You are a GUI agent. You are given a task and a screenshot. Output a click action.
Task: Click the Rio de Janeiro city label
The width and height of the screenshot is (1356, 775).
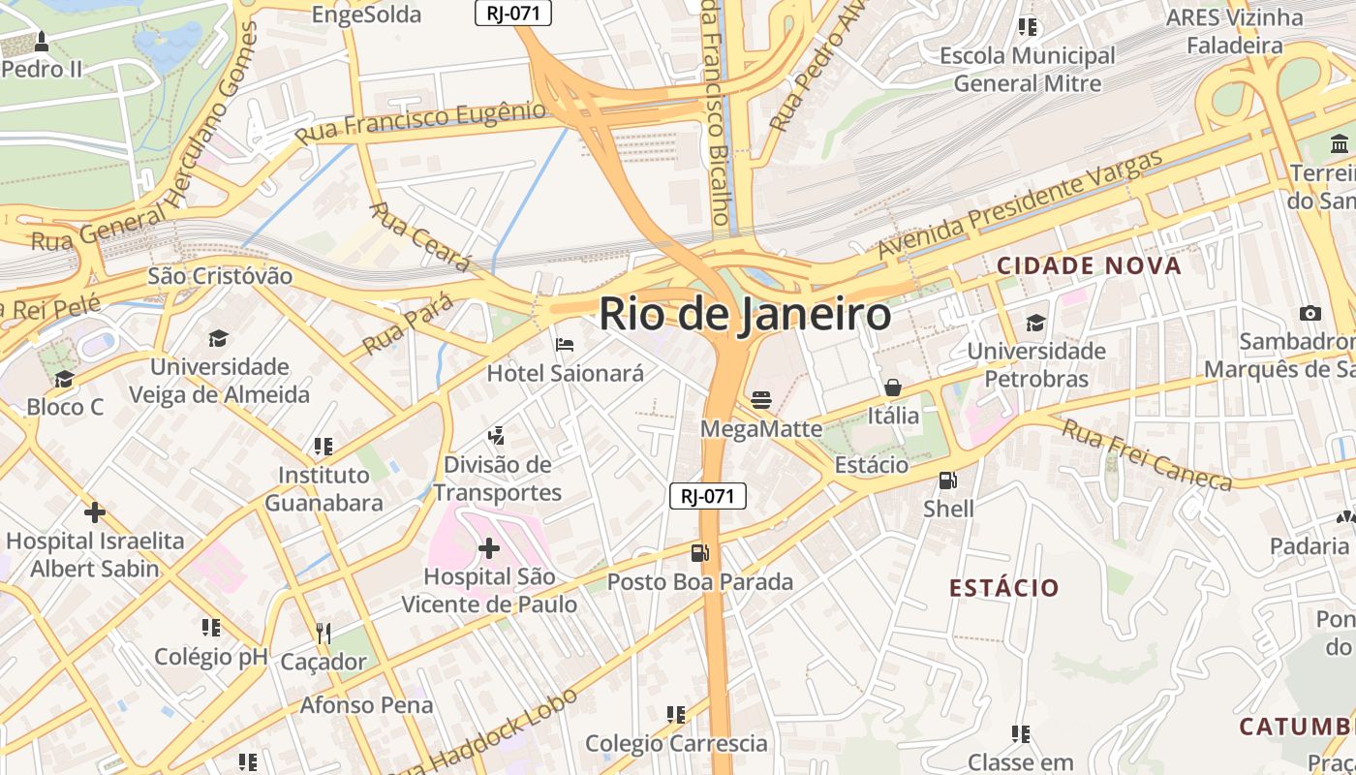744,314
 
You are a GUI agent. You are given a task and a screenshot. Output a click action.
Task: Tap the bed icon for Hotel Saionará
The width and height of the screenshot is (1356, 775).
565,345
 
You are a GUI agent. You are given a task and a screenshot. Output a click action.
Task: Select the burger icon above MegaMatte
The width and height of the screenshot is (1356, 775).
761,400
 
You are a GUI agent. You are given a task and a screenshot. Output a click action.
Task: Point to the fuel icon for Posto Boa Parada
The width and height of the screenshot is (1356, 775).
699,553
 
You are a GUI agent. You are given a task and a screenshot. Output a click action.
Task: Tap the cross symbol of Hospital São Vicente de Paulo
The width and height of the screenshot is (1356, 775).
489,549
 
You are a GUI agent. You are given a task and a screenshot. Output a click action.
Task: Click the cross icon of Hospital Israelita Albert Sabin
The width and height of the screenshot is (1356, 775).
94,512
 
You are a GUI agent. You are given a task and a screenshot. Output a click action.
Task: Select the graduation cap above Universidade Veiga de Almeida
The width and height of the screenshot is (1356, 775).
219,339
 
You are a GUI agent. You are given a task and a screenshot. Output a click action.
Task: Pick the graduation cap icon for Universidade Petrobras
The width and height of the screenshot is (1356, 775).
1035,323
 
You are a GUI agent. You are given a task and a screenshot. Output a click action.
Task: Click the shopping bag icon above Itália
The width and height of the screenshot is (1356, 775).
893,387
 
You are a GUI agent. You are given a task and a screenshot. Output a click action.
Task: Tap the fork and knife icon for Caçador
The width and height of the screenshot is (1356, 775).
324,634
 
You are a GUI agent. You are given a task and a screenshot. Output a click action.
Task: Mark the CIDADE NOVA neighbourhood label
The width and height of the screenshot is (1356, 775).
1089,265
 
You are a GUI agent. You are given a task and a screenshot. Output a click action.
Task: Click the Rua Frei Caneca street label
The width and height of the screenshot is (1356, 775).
1147,454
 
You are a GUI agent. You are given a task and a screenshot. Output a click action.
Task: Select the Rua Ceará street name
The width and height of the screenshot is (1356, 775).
419,236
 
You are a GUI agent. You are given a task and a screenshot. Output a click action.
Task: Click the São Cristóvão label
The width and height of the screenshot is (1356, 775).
220,276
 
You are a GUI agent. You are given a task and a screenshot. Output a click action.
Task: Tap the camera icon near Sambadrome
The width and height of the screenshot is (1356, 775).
1310,313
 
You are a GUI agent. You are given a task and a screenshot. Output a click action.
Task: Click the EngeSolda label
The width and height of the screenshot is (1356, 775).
366,15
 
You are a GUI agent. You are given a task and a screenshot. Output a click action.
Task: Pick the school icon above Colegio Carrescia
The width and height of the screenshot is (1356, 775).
676,715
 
